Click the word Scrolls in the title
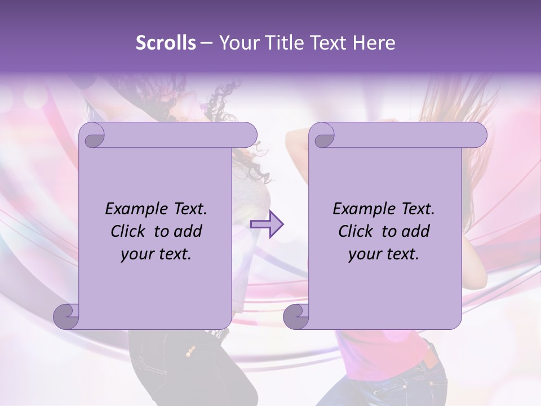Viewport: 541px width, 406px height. click(x=166, y=43)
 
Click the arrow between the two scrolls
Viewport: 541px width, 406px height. click(x=268, y=224)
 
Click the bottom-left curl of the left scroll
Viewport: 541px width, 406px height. click(x=66, y=316)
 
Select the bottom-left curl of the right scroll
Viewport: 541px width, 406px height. click(x=296, y=316)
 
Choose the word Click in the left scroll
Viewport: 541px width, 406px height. click(x=129, y=231)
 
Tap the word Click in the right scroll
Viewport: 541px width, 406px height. click(x=357, y=231)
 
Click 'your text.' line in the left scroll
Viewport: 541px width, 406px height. click(x=156, y=254)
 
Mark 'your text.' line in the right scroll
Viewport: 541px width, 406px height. click(x=384, y=254)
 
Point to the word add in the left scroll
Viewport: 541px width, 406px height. click(x=188, y=231)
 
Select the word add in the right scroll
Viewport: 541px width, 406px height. click(x=416, y=231)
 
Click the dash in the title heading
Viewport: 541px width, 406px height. click(x=207, y=43)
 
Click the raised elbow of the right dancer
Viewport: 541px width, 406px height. click(x=291, y=141)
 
